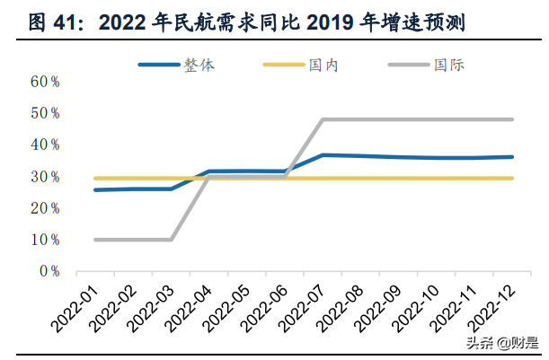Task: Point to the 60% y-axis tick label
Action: (45, 82)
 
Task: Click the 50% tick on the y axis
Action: (45, 113)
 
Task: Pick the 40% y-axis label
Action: (45, 145)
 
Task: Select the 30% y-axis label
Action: (45, 176)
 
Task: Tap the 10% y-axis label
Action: (45, 240)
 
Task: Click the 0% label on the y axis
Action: (49, 271)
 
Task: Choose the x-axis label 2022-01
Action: (77, 305)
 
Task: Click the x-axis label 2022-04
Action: (190, 305)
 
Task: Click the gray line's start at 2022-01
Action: (96, 240)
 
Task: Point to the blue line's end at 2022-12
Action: (512, 157)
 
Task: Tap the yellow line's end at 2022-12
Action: (512, 178)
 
